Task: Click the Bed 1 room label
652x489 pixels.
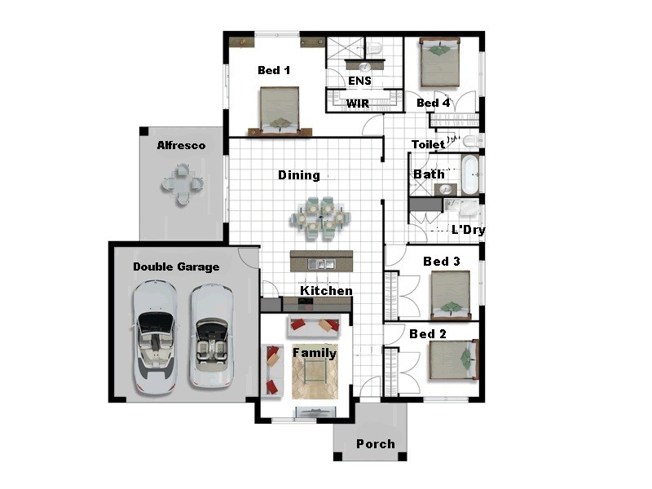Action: pyautogui.click(x=274, y=71)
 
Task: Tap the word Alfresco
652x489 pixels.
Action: pyautogui.click(x=181, y=146)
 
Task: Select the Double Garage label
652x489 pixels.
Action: pyautogui.click(x=176, y=267)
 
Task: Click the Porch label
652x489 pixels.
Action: pyautogui.click(x=376, y=444)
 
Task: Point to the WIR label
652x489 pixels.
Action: pyautogui.click(x=359, y=104)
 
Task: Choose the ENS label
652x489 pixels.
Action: pyautogui.click(x=359, y=81)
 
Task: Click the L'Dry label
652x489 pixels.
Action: pyautogui.click(x=469, y=230)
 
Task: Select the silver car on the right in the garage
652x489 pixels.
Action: pyautogui.click(x=211, y=334)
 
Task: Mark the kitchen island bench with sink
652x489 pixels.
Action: pyautogui.click(x=322, y=262)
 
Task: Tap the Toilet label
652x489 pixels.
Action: pyautogui.click(x=428, y=144)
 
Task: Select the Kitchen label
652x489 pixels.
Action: pyautogui.click(x=327, y=291)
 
